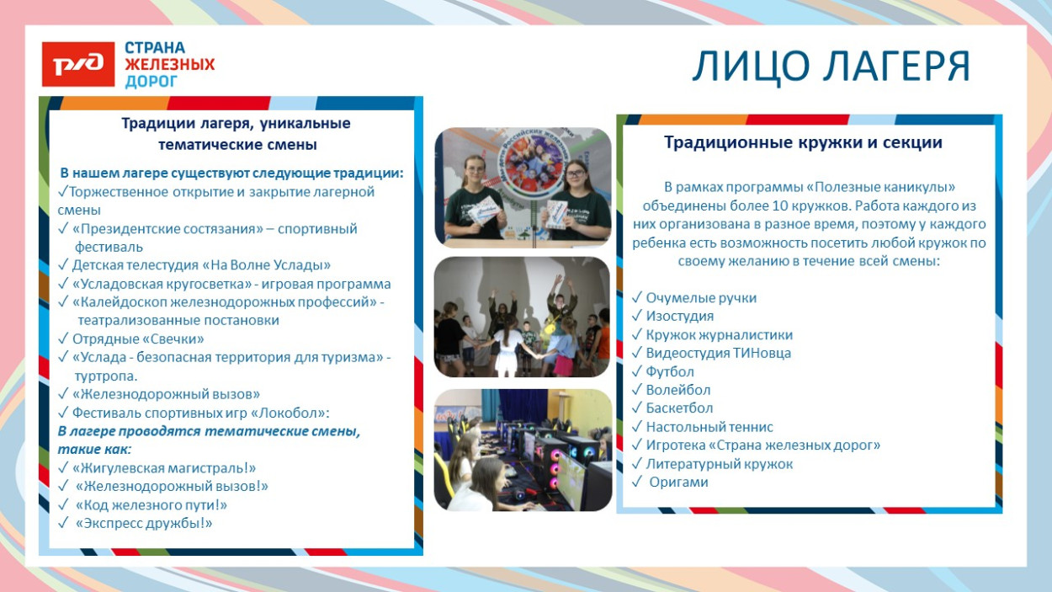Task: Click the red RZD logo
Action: click(x=78, y=64)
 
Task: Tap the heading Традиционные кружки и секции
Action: click(x=803, y=143)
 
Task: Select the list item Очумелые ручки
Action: click(x=701, y=298)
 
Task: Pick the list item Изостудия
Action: click(x=679, y=317)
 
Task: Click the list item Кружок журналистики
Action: click(x=719, y=335)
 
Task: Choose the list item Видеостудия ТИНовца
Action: click(x=718, y=354)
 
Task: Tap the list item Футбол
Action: click(x=670, y=372)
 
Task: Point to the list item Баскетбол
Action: click(x=679, y=409)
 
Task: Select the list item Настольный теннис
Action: click(x=709, y=428)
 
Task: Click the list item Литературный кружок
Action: click(x=719, y=464)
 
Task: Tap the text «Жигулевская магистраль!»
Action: click(x=164, y=468)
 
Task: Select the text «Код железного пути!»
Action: click(x=151, y=505)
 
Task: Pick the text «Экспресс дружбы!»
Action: click(x=144, y=524)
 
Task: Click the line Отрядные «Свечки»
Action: click(x=138, y=339)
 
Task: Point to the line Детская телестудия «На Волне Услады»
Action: click(x=201, y=265)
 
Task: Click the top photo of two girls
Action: click(x=523, y=187)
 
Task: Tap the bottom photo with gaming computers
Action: click(x=523, y=450)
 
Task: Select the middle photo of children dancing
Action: click(x=523, y=317)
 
